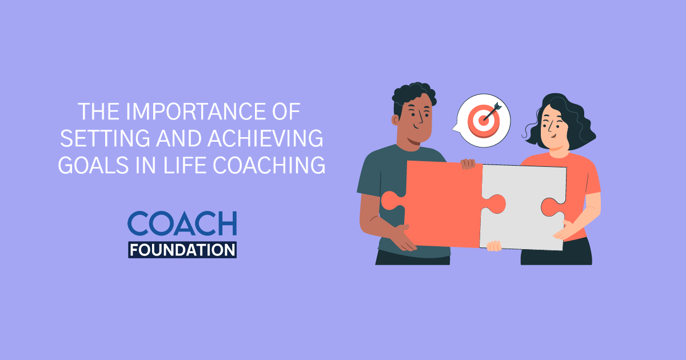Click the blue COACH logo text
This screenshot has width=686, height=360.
(182, 224)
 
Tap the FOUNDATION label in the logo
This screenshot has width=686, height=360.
(182, 250)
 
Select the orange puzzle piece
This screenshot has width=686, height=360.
(440, 203)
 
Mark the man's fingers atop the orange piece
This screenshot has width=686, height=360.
(468, 164)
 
